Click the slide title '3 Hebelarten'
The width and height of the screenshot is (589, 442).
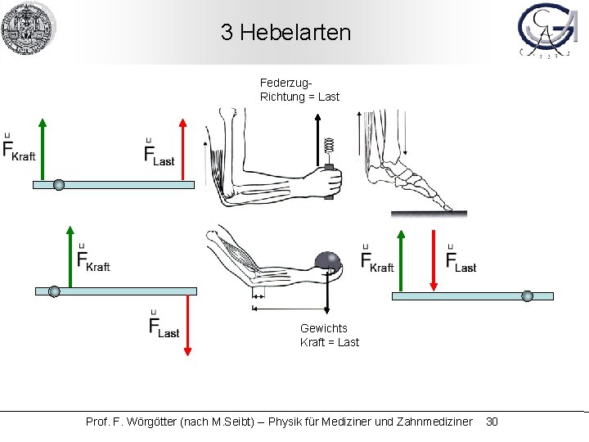click(286, 33)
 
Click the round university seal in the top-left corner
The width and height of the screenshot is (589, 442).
click(29, 29)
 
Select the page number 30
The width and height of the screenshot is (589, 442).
click(492, 422)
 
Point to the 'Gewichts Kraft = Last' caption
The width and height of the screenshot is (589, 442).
click(329, 335)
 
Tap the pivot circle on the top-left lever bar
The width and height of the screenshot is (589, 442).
click(59, 185)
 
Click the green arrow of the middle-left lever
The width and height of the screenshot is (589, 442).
click(71, 257)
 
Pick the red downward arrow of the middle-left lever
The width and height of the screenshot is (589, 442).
click(187, 324)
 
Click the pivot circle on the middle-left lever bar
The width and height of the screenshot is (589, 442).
click(54, 291)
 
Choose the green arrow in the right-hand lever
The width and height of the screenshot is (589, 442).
click(400, 260)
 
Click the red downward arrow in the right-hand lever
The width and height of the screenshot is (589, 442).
click(434, 260)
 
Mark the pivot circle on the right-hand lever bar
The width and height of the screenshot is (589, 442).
click(527, 295)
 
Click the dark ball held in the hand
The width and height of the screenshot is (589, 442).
click(328, 261)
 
